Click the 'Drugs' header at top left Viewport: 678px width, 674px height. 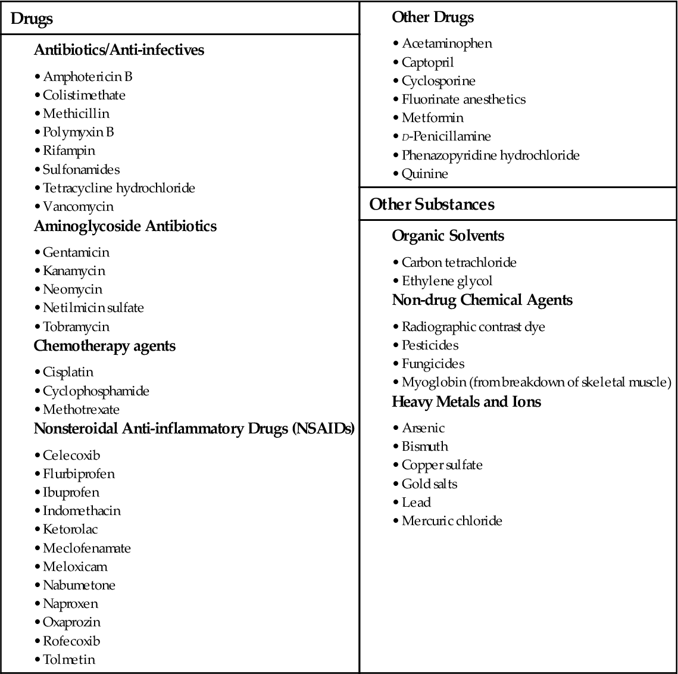[32, 19]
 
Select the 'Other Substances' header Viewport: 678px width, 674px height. [432, 204]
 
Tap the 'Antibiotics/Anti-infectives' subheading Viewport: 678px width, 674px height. [119, 50]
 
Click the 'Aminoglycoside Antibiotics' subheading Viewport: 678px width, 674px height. [125, 226]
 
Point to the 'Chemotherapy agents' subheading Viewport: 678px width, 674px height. [105, 346]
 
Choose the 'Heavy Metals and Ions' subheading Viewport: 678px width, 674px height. [466, 402]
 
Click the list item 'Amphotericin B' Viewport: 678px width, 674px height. [88, 77]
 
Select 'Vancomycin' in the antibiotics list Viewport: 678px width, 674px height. [78, 207]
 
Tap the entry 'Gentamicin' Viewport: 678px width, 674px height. [76, 252]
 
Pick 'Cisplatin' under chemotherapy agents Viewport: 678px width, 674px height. [68, 372]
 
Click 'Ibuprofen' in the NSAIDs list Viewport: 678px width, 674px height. [71, 492]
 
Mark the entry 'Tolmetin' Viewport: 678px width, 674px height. [69, 660]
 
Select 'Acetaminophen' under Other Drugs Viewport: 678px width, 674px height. [447, 43]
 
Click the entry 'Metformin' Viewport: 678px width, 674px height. [433, 118]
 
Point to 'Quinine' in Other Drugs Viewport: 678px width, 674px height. [425, 174]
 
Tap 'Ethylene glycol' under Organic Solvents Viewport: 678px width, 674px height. [447, 281]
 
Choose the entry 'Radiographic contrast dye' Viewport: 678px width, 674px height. [473, 327]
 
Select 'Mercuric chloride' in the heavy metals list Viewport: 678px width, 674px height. [452, 521]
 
